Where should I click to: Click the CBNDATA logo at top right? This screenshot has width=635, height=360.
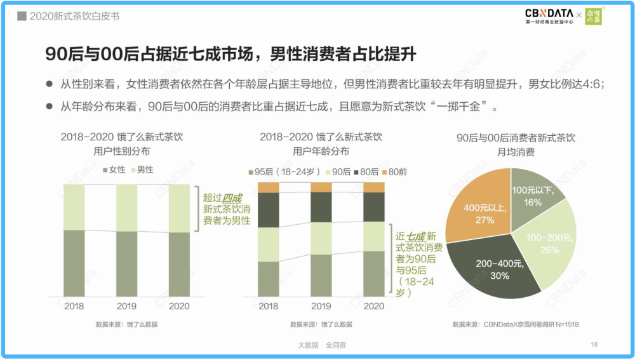[549, 15]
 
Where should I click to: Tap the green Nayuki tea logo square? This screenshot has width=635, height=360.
[594, 16]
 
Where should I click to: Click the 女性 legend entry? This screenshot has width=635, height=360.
[114, 170]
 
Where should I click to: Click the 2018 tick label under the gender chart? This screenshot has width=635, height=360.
[74, 306]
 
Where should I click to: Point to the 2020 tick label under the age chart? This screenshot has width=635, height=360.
[373, 306]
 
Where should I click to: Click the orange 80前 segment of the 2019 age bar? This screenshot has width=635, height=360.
[321, 187]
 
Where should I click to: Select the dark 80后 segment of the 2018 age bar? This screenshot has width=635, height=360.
[268, 210]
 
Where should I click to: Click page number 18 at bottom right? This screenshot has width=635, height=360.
[594, 344]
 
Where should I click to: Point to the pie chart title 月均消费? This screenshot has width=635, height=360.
[515, 152]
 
